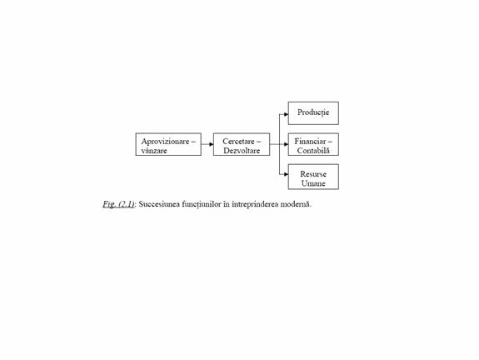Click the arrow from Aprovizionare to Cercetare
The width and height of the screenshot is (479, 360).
tap(207, 144)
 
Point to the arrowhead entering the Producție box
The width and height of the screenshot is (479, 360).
tap(286, 114)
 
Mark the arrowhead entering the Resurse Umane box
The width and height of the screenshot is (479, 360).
tap(286, 174)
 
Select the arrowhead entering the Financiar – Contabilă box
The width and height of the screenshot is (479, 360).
tap(286, 144)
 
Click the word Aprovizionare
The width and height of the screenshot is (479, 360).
tap(165, 142)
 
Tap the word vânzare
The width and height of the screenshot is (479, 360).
tap(154, 151)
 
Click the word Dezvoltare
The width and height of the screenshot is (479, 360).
tap(242, 151)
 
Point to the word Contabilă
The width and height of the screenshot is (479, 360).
tap(313, 151)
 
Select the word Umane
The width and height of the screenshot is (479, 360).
tap(313, 183)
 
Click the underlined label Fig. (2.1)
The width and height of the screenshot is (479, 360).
tap(118, 204)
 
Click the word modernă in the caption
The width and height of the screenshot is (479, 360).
tap(296, 204)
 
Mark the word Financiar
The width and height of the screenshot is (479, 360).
tap(310, 142)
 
